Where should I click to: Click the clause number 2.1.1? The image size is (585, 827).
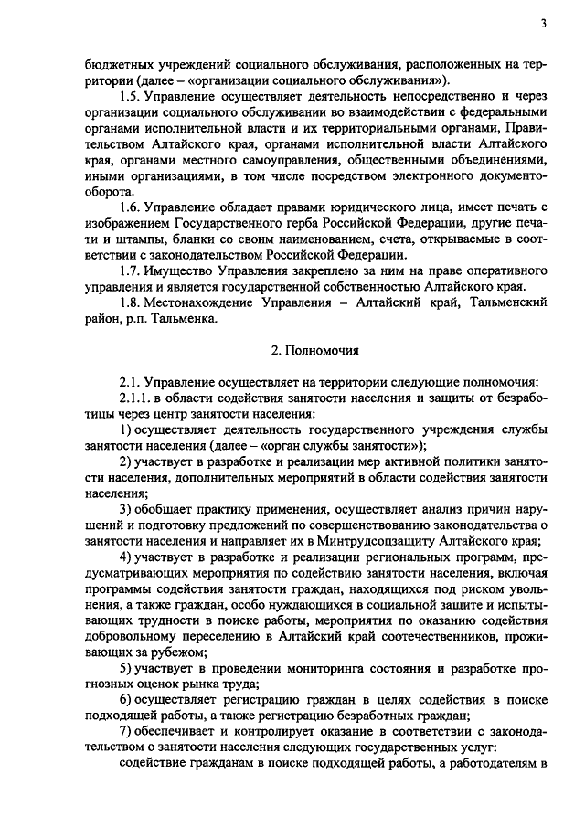(x=137, y=398)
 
